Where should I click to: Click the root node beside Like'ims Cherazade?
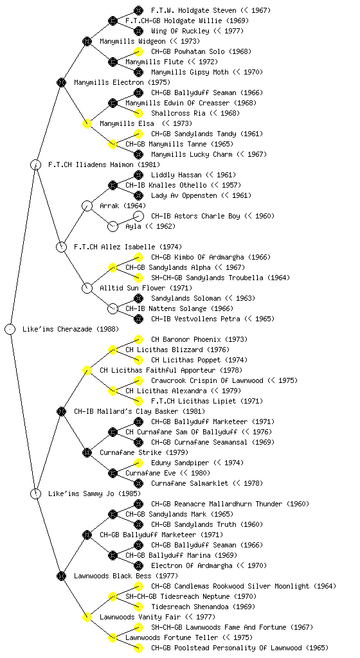[x=10, y=329]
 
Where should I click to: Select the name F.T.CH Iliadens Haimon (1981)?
[x=104, y=164]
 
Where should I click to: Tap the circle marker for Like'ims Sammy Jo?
[x=36, y=493]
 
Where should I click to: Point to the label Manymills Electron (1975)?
[x=122, y=82]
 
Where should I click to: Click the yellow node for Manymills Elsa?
[x=87, y=123]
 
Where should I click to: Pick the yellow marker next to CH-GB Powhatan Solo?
[x=138, y=51]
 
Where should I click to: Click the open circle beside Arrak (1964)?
[x=87, y=206]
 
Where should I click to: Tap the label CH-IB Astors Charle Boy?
[x=195, y=216]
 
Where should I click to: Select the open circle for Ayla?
[x=113, y=226]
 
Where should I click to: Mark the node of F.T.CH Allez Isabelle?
[x=61, y=247]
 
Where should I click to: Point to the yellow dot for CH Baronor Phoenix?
[x=138, y=339]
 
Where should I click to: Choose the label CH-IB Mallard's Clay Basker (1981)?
[x=139, y=411]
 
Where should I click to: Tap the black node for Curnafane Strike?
[x=87, y=452]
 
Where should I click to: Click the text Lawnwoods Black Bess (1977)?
[x=126, y=576]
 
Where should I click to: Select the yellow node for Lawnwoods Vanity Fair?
[x=87, y=617]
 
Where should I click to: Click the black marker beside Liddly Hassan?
[x=138, y=175]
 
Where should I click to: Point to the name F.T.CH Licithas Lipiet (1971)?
[x=207, y=401]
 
